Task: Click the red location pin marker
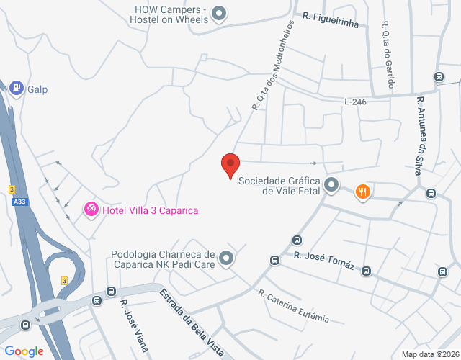point(230,165)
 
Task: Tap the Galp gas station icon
point(16,87)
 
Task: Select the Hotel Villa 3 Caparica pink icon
point(91,210)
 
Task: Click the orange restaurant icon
point(362,192)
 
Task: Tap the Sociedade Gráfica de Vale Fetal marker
point(331,186)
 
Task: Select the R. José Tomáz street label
point(323,259)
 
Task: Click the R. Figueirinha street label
point(331,15)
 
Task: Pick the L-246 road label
point(355,102)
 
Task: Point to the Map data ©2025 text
point(429,354)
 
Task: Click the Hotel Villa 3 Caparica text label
point(150,210)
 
